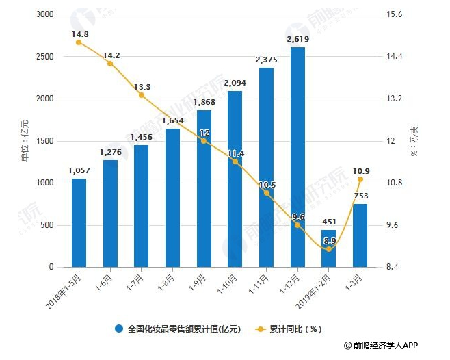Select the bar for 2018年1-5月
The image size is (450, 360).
79,222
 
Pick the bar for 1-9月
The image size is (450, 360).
204,188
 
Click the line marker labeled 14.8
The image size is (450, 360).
79,42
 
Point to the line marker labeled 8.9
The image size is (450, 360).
329,249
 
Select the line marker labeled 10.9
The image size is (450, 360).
360,179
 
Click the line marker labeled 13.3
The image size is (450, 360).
142,95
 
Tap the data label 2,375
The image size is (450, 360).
266,60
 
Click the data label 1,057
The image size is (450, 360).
79,170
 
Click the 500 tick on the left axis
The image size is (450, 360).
46,225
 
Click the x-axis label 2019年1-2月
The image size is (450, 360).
316,287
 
